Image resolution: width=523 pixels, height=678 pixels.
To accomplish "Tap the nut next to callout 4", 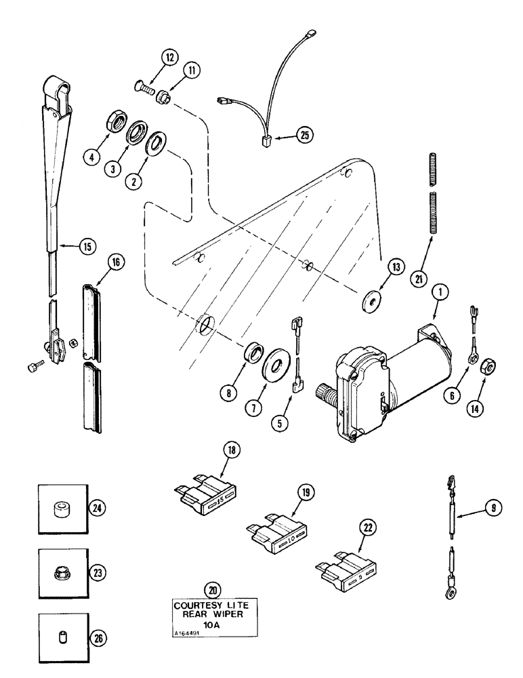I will (x=119, y=125).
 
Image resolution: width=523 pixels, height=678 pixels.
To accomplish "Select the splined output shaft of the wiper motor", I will (x=324, y=393).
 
